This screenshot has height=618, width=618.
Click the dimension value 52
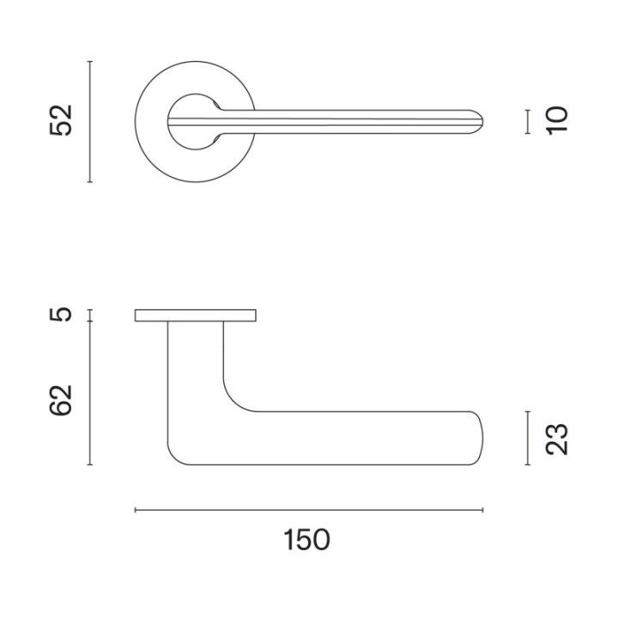[61, 121]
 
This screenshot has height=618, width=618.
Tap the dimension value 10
[557, 121]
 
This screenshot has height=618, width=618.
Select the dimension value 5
[61, 315]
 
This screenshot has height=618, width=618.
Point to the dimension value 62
[61, 400]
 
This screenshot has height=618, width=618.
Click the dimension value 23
[557, 439]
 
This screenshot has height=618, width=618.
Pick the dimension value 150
[306, 540]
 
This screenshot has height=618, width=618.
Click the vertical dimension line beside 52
[90, 122]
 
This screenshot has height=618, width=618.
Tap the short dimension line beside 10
[528, 122]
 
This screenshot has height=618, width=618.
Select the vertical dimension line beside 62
[90, 393]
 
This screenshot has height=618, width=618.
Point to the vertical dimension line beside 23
[528, 439]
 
